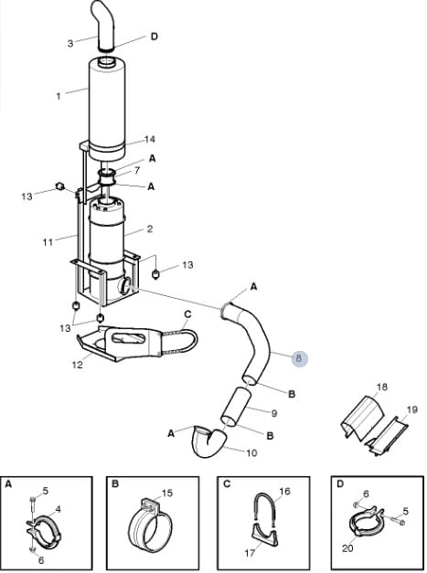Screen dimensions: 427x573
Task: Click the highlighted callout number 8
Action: (299, 358)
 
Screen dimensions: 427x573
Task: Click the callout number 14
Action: (150, 139)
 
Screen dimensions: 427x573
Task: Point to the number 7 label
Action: (137, 170)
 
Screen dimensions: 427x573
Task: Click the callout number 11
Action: (48, 242)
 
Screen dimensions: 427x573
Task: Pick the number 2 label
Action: (150, 229)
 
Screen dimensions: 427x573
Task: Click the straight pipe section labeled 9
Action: (236, 406)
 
